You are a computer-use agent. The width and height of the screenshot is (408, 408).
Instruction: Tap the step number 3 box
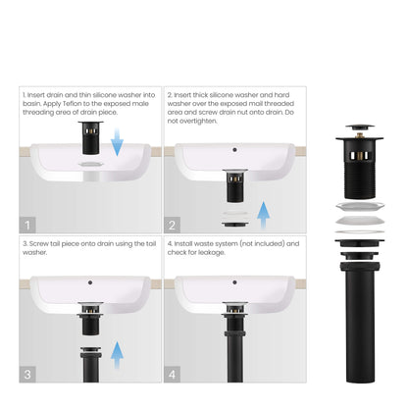click(x=27, y=374)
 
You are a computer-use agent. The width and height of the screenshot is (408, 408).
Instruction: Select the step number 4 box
click(x=173, y=374)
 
